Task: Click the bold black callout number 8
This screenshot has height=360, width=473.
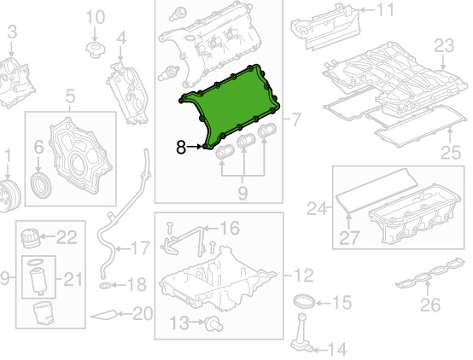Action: click(181, 147)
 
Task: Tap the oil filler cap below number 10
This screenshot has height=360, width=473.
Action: click(96, 50)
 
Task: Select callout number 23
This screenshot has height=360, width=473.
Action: click(444, 45)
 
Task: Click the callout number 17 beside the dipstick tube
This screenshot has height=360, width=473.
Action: click(140, 248)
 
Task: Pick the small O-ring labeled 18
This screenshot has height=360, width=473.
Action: click(104, 285)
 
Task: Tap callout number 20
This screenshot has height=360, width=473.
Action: click(143, 314)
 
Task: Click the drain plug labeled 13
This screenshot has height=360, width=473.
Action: click(213, 324)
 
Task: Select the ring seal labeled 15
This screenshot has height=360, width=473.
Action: click(304, 301)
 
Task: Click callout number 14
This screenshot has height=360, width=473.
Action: click(337, 350)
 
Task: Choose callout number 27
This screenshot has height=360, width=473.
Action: click(349, 237)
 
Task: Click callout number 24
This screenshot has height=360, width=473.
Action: click(317, 208)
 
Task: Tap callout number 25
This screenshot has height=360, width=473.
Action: click(451, 152)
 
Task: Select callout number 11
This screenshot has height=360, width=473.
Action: click(385, 9)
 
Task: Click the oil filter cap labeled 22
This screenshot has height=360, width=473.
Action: click(30, 238)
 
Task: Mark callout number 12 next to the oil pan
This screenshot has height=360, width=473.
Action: click(303, 276)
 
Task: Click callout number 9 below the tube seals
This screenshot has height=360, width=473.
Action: click(242, 193)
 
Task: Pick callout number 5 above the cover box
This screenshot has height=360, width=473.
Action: click(70, 96)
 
